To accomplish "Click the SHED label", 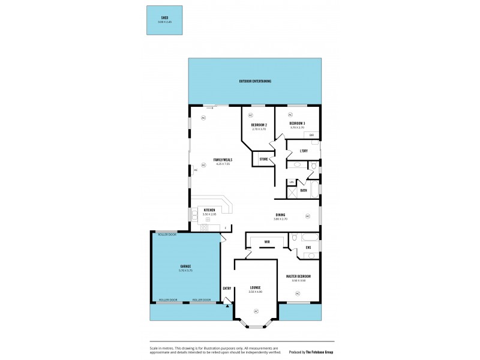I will click(x=164, y=18).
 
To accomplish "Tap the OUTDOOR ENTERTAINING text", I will click(x=254, y=81).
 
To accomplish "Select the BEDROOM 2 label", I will click(x=259, y=125).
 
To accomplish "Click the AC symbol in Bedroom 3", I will click(x=290, y=115).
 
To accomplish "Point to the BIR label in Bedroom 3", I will click(x=312, y=135).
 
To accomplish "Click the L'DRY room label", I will click(x=304, y=151).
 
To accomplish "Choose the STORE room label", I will click(x=263, y=159).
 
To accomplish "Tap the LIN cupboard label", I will click(x=292, y=182).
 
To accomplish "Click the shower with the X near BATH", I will click(x=292, y=193).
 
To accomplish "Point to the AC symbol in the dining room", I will click(x=307, y=216).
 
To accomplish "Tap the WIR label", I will click(x=267, y=242).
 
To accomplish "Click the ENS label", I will click(x=308, y=247).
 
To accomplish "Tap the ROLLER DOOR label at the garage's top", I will click(x=167, y=235).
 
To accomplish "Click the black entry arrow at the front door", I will click(x=227, y=305).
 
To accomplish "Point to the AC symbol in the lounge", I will click(x=256, y=311).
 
